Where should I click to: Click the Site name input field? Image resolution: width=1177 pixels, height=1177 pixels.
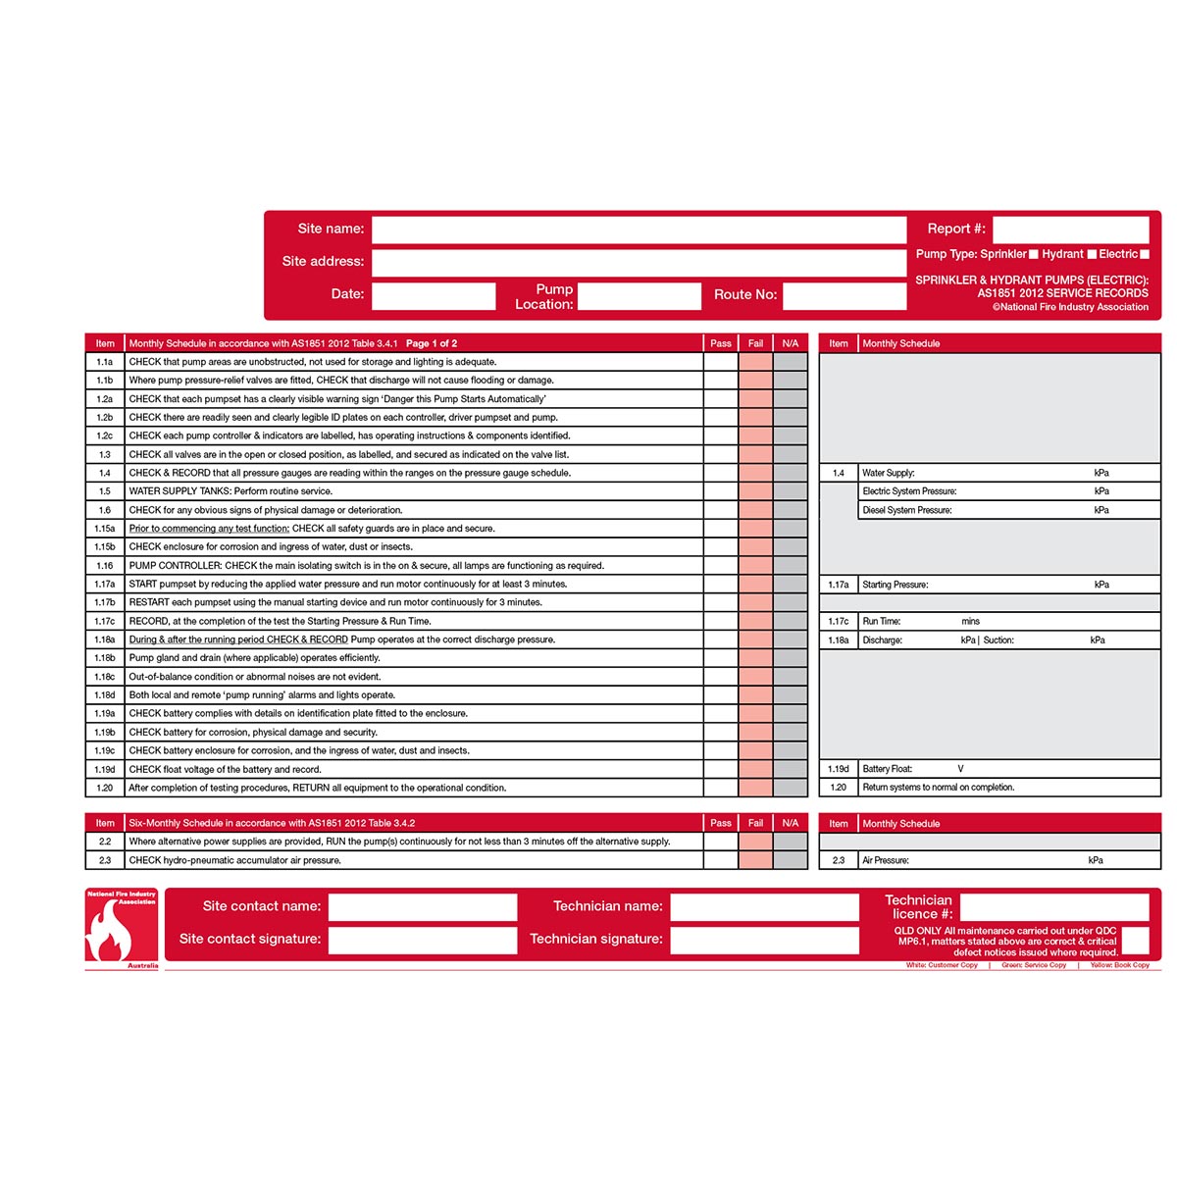639,230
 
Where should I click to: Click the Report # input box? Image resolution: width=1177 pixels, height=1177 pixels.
1070,230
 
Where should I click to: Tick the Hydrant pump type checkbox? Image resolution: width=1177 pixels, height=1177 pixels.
1092,254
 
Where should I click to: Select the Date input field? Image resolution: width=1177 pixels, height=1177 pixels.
434,295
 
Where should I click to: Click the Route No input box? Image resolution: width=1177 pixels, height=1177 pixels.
844,295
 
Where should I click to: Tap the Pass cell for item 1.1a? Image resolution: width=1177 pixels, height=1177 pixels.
720,362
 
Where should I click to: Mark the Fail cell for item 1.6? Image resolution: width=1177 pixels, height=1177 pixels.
755,510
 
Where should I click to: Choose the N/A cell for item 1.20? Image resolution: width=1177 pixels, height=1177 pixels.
791,788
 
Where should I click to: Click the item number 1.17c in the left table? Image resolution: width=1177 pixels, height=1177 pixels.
105,621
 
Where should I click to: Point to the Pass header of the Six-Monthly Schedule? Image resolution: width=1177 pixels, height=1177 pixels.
720,823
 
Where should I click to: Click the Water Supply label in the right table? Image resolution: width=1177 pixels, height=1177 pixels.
889,473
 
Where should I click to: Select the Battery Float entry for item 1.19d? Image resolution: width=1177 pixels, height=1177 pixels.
888,769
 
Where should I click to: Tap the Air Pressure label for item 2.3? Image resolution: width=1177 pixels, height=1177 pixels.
886,860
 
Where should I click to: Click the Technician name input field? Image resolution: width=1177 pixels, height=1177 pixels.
764,907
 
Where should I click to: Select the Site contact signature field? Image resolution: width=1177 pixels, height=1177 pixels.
422,940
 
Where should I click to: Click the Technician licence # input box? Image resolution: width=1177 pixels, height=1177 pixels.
1053,907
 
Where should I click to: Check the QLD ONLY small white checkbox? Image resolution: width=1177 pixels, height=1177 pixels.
1135,941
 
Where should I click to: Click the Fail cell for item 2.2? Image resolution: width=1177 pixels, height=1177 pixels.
755,842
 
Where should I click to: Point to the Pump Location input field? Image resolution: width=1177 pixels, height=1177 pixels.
640,295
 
